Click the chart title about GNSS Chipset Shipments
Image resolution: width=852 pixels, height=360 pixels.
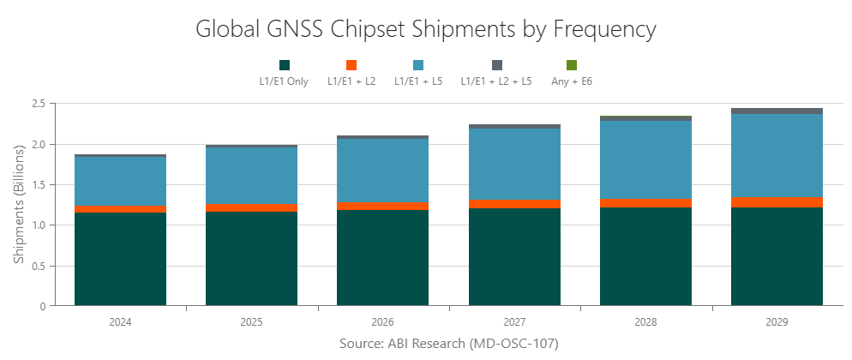(x=426, y=29)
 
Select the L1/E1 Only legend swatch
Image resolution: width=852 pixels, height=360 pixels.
(x=285, y=65)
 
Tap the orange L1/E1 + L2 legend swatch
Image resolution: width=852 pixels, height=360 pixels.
(x=351, y=65)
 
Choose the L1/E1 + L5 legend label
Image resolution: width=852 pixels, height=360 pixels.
(x=417, y=81)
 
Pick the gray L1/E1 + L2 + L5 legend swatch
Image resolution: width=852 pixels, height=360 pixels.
(x=496, y=65)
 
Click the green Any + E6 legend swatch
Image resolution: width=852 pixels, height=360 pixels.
(x=572, y=65)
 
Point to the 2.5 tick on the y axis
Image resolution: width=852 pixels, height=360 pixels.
(x=38, y=104)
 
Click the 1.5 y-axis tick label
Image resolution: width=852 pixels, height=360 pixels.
(x=38, y=184)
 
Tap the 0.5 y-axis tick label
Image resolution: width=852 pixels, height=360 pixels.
(x=38, y=266)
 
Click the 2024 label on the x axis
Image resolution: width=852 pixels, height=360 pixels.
(x=120, y=323)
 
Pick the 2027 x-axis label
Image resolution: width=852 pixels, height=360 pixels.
(x=514, y=323)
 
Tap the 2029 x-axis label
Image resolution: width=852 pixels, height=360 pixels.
(x=777, y=323)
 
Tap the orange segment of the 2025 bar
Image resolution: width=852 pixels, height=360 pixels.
(x=251, y=207)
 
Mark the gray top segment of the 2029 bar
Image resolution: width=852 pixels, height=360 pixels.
(x=777, y=111)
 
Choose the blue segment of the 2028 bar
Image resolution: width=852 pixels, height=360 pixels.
(x=645, y=159)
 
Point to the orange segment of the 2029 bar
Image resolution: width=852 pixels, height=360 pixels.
(x=777, y=202)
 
